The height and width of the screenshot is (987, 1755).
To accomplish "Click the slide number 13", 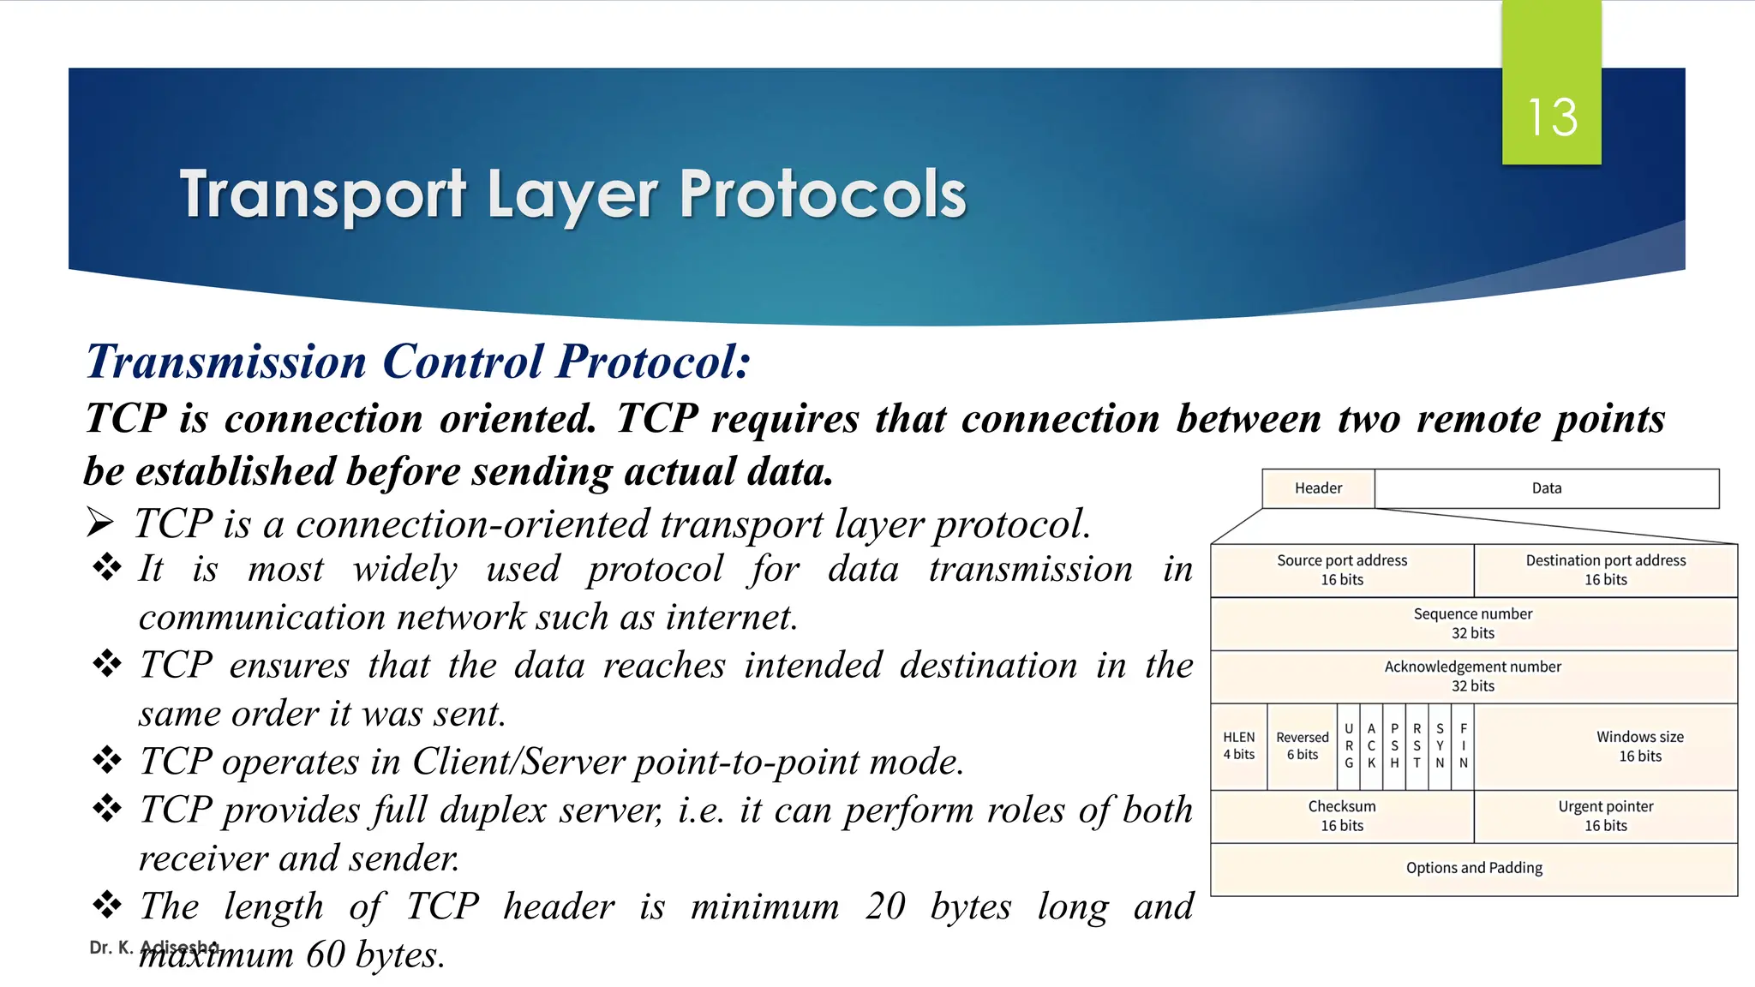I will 1552,117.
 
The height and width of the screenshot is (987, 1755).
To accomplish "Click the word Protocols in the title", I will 823,194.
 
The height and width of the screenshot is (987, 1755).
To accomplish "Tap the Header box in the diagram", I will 1318,488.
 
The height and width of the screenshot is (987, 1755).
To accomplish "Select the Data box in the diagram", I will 1547,488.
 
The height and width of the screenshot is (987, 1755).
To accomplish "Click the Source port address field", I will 1342,570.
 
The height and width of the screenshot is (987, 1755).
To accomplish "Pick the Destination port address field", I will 1605,570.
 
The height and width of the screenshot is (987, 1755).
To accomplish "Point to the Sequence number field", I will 1473,623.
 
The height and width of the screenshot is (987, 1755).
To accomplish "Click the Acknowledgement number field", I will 1473,676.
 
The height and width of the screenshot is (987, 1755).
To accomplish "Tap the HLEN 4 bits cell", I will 1238,746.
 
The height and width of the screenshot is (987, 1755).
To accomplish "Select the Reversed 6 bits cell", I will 1302,746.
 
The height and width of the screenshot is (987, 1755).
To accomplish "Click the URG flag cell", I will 1349,746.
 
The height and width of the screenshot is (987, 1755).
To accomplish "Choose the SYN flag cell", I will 1440,746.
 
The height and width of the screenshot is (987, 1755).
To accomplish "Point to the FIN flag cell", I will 1464,746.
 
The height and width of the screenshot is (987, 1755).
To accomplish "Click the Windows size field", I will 1639,746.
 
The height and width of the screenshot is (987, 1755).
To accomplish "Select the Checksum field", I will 1342,816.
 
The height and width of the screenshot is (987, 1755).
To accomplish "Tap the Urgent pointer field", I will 1605,816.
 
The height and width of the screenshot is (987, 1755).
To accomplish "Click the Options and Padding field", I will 1474,868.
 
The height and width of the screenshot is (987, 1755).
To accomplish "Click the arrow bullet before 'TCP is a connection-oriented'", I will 100,522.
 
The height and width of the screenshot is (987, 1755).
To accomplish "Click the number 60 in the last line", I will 325,954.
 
